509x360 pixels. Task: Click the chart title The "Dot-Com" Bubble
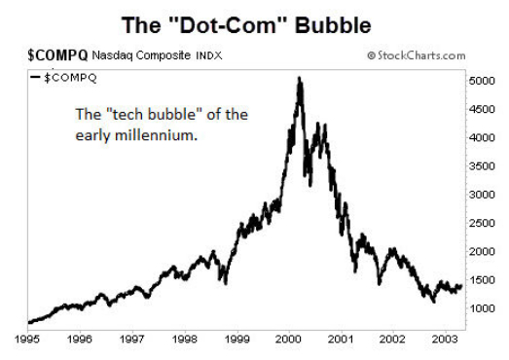pyautogui.click(x=255, y=21)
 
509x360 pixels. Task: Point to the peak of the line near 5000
pyautogui.click(x=299, y=79)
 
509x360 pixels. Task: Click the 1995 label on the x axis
pyautogui.click(x=28, y=340)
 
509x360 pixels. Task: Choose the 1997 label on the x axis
pyautogui.click(x=134, y=340)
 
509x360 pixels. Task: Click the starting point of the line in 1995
pyautogui.click(x=30, y=321)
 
